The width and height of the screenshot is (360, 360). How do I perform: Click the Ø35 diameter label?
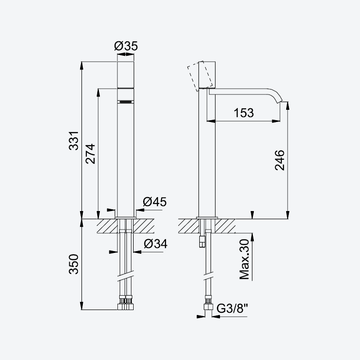pos(126,46)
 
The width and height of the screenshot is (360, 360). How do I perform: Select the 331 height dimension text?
pos(74,141)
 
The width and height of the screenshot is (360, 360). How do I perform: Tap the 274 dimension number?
pos(90,153)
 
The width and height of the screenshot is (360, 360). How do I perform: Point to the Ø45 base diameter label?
pos(154,202)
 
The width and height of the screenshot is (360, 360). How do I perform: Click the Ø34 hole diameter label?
pos(155,243)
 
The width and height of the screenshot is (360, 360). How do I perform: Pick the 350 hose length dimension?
pos(74,264)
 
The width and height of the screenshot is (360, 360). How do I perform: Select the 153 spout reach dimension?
pos(244,113)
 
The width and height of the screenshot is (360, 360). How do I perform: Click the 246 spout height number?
pos(279,160)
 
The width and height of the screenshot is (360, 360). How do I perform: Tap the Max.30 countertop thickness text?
pos(244,259)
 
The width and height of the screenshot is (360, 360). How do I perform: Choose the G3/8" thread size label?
pos(232,308)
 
